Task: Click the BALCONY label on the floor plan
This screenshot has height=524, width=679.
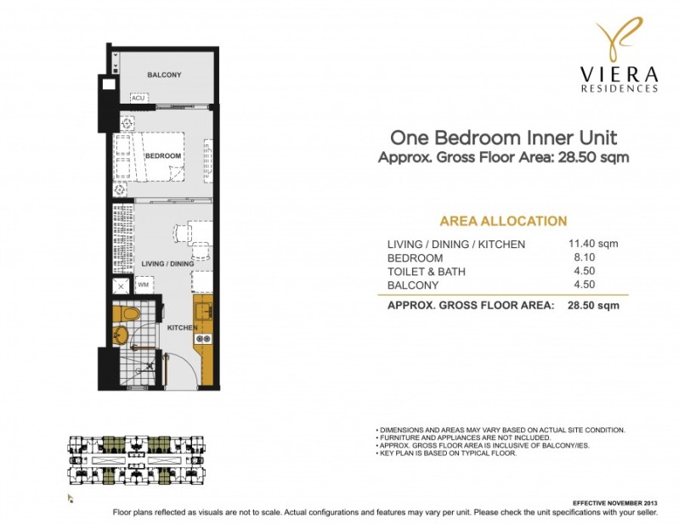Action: [x=164, y=76]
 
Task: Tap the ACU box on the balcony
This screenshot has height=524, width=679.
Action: [x=139, y=99]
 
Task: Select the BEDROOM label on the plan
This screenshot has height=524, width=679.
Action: [x=163, y=156]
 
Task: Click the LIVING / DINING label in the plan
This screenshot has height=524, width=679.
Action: [x=167, y=264]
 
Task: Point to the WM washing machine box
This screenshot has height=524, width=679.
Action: [x=143, y=285]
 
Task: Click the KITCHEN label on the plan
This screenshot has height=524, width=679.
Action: [x=182, y=328]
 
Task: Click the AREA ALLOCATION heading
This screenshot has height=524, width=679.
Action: [x=503, y=221]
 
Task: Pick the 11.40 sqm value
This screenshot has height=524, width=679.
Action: [x=592, y=244]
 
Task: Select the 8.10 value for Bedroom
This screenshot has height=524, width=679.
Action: [x=592, y=257]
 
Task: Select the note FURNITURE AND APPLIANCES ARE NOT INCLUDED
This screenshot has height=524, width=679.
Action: [x=464, y=438]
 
